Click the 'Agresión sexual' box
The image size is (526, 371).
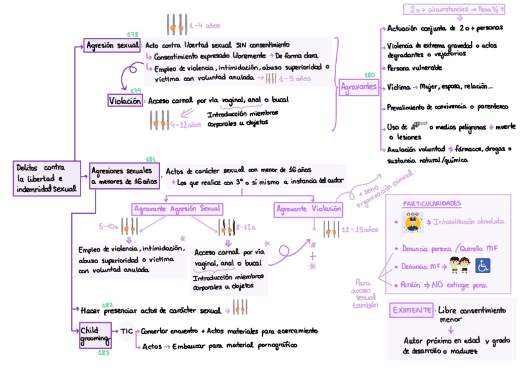[112, 45]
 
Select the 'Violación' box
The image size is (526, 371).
[124, 100]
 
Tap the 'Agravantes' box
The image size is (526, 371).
[359, 87]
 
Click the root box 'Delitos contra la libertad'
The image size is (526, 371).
[47, 178]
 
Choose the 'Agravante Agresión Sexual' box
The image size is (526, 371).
[177, 209]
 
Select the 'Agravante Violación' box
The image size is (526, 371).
[309, 209]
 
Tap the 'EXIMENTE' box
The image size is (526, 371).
[411, 311]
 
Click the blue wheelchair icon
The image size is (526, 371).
[483, 266]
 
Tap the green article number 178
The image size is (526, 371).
[132, 34]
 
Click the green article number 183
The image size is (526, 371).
[103, 353]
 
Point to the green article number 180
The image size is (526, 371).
[370, 75]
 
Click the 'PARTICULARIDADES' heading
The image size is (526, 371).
[432, 204]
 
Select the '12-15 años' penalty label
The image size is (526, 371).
[360, 229]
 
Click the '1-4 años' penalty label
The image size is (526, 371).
[205, 25]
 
